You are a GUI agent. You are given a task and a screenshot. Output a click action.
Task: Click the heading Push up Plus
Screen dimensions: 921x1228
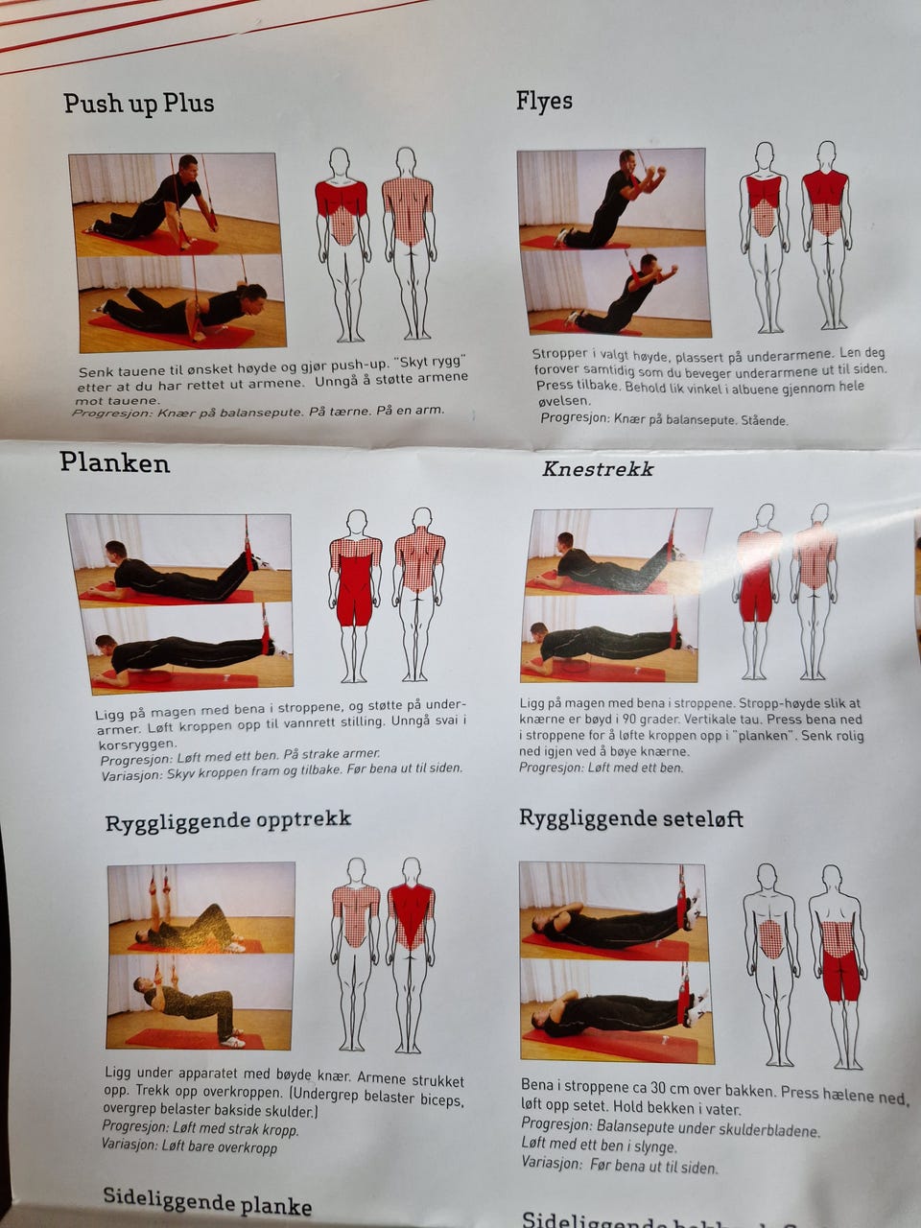click(x=139, y=104)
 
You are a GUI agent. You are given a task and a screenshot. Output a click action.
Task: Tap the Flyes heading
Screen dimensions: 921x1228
click(x=544, y=102)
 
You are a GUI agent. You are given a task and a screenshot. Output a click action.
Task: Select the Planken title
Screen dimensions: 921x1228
click(x=114, y=463)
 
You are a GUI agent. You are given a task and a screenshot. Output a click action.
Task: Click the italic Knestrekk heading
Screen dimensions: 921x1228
click(x=598, y=469)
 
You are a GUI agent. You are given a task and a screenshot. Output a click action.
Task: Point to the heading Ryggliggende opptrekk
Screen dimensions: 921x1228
click(x=228, y=820)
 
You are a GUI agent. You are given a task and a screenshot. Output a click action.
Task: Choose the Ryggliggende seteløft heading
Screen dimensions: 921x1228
click(x=630, y=818)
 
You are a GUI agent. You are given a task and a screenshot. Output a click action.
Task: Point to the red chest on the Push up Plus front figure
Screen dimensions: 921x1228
click(x=342, y=200)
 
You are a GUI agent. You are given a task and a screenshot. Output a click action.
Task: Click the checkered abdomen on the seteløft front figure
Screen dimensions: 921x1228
click(x=770, y=939)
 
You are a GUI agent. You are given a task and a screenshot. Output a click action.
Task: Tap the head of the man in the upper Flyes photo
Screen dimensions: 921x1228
click(x=627, y=160)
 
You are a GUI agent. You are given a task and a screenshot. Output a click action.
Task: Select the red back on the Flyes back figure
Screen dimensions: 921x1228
click(x=825, y=187)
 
